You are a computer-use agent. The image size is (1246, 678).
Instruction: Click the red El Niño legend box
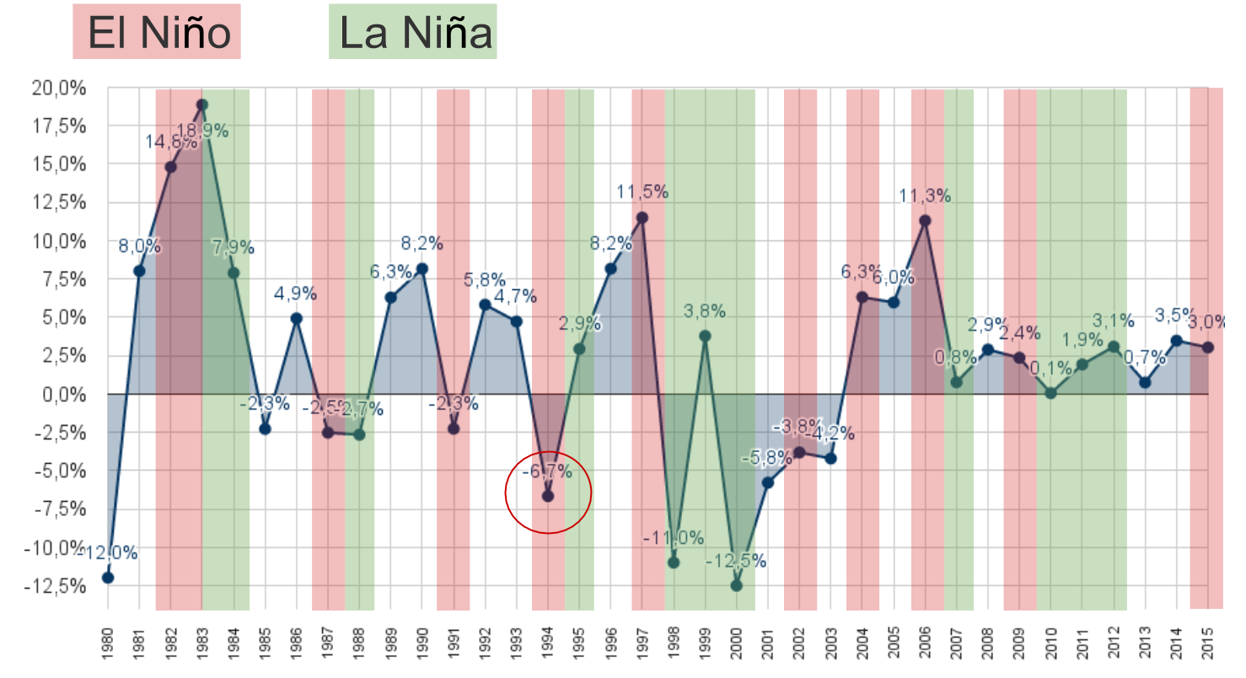[157, 32]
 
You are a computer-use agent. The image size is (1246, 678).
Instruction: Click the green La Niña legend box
[413, 32]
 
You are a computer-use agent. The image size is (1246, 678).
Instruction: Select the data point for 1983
[201, 105]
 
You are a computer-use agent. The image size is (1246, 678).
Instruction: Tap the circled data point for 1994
[548, 496]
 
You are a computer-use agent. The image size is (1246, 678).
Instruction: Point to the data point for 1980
[108, 578]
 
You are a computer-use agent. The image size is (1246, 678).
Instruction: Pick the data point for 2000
[736, 585]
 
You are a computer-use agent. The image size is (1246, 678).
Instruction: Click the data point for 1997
[642, 218]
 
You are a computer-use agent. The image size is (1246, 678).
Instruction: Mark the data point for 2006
[925, 221]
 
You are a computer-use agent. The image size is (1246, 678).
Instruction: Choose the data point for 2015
[1208, 347]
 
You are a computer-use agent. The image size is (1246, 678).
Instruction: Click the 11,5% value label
[642, 192]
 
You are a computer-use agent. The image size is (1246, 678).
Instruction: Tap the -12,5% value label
[737, 561]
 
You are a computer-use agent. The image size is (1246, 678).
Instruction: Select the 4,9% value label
[295, 294]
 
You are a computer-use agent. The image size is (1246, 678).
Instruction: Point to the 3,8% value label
[705, 311]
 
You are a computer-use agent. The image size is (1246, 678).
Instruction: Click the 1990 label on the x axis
[422, 645]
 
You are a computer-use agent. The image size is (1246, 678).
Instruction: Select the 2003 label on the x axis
[831, 645]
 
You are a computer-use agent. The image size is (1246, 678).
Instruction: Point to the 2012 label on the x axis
[1114, 645]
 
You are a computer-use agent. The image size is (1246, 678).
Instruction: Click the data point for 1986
[297, 318]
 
